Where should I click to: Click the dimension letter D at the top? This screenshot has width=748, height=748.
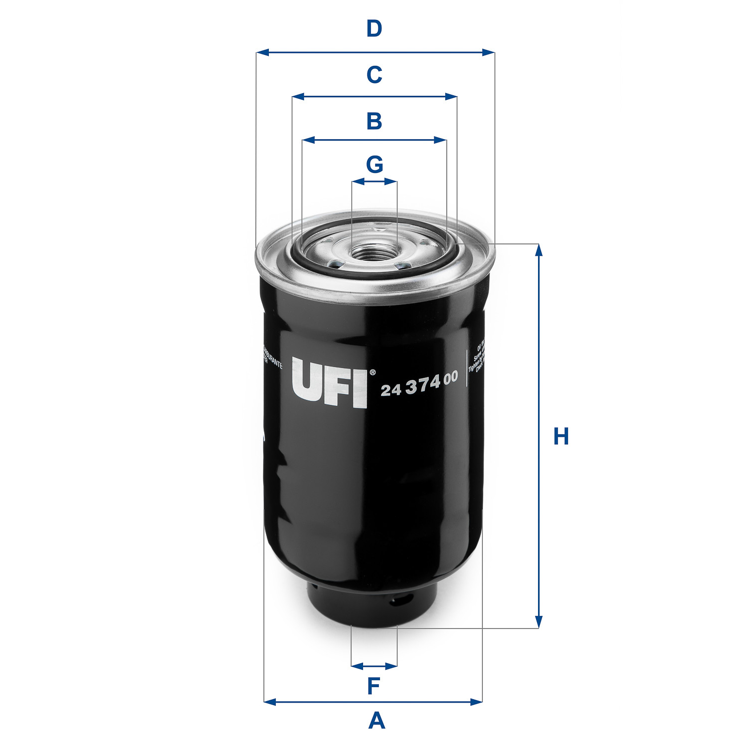pyautogui.click(x=374, y=29)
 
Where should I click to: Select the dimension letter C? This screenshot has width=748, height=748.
pyautogui.click(x=374, y=75)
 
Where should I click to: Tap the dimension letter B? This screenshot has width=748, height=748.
pyautogui.click(x=374, y=121)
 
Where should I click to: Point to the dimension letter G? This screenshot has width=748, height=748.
pyautogui.click(x=374, y=164)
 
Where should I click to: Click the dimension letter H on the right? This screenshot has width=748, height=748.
pyautogui.click(x=561, y=436)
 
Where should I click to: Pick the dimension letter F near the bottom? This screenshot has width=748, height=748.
pyautogui.click(x=374, y=686)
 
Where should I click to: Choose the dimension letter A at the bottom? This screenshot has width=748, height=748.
pyautogui.click(x=376, y=721)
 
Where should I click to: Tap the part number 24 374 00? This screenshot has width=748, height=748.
pyautogui.click(x=419, y=384)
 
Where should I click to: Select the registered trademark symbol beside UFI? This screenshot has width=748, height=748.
pyautogui.click(x=372, y=372)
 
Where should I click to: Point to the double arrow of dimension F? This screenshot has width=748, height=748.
pyautogui.click(x=374, y=665)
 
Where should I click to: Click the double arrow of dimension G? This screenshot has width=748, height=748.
pyautogui.click(x=374, y=182)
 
